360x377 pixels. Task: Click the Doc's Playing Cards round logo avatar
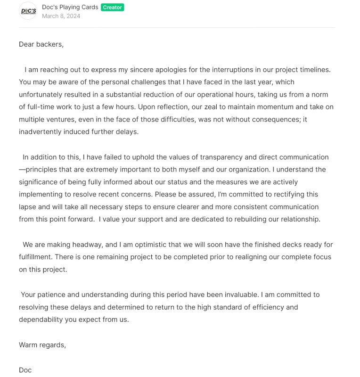pos(28,11)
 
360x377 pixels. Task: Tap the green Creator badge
pos(112,7)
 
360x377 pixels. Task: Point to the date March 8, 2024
pos(61,16)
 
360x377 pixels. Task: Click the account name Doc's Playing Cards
pos(70,7)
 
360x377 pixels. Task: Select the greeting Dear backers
pos(41,44)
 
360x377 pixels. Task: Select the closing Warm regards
pos(42,345)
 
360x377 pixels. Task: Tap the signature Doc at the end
pos(25,370)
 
